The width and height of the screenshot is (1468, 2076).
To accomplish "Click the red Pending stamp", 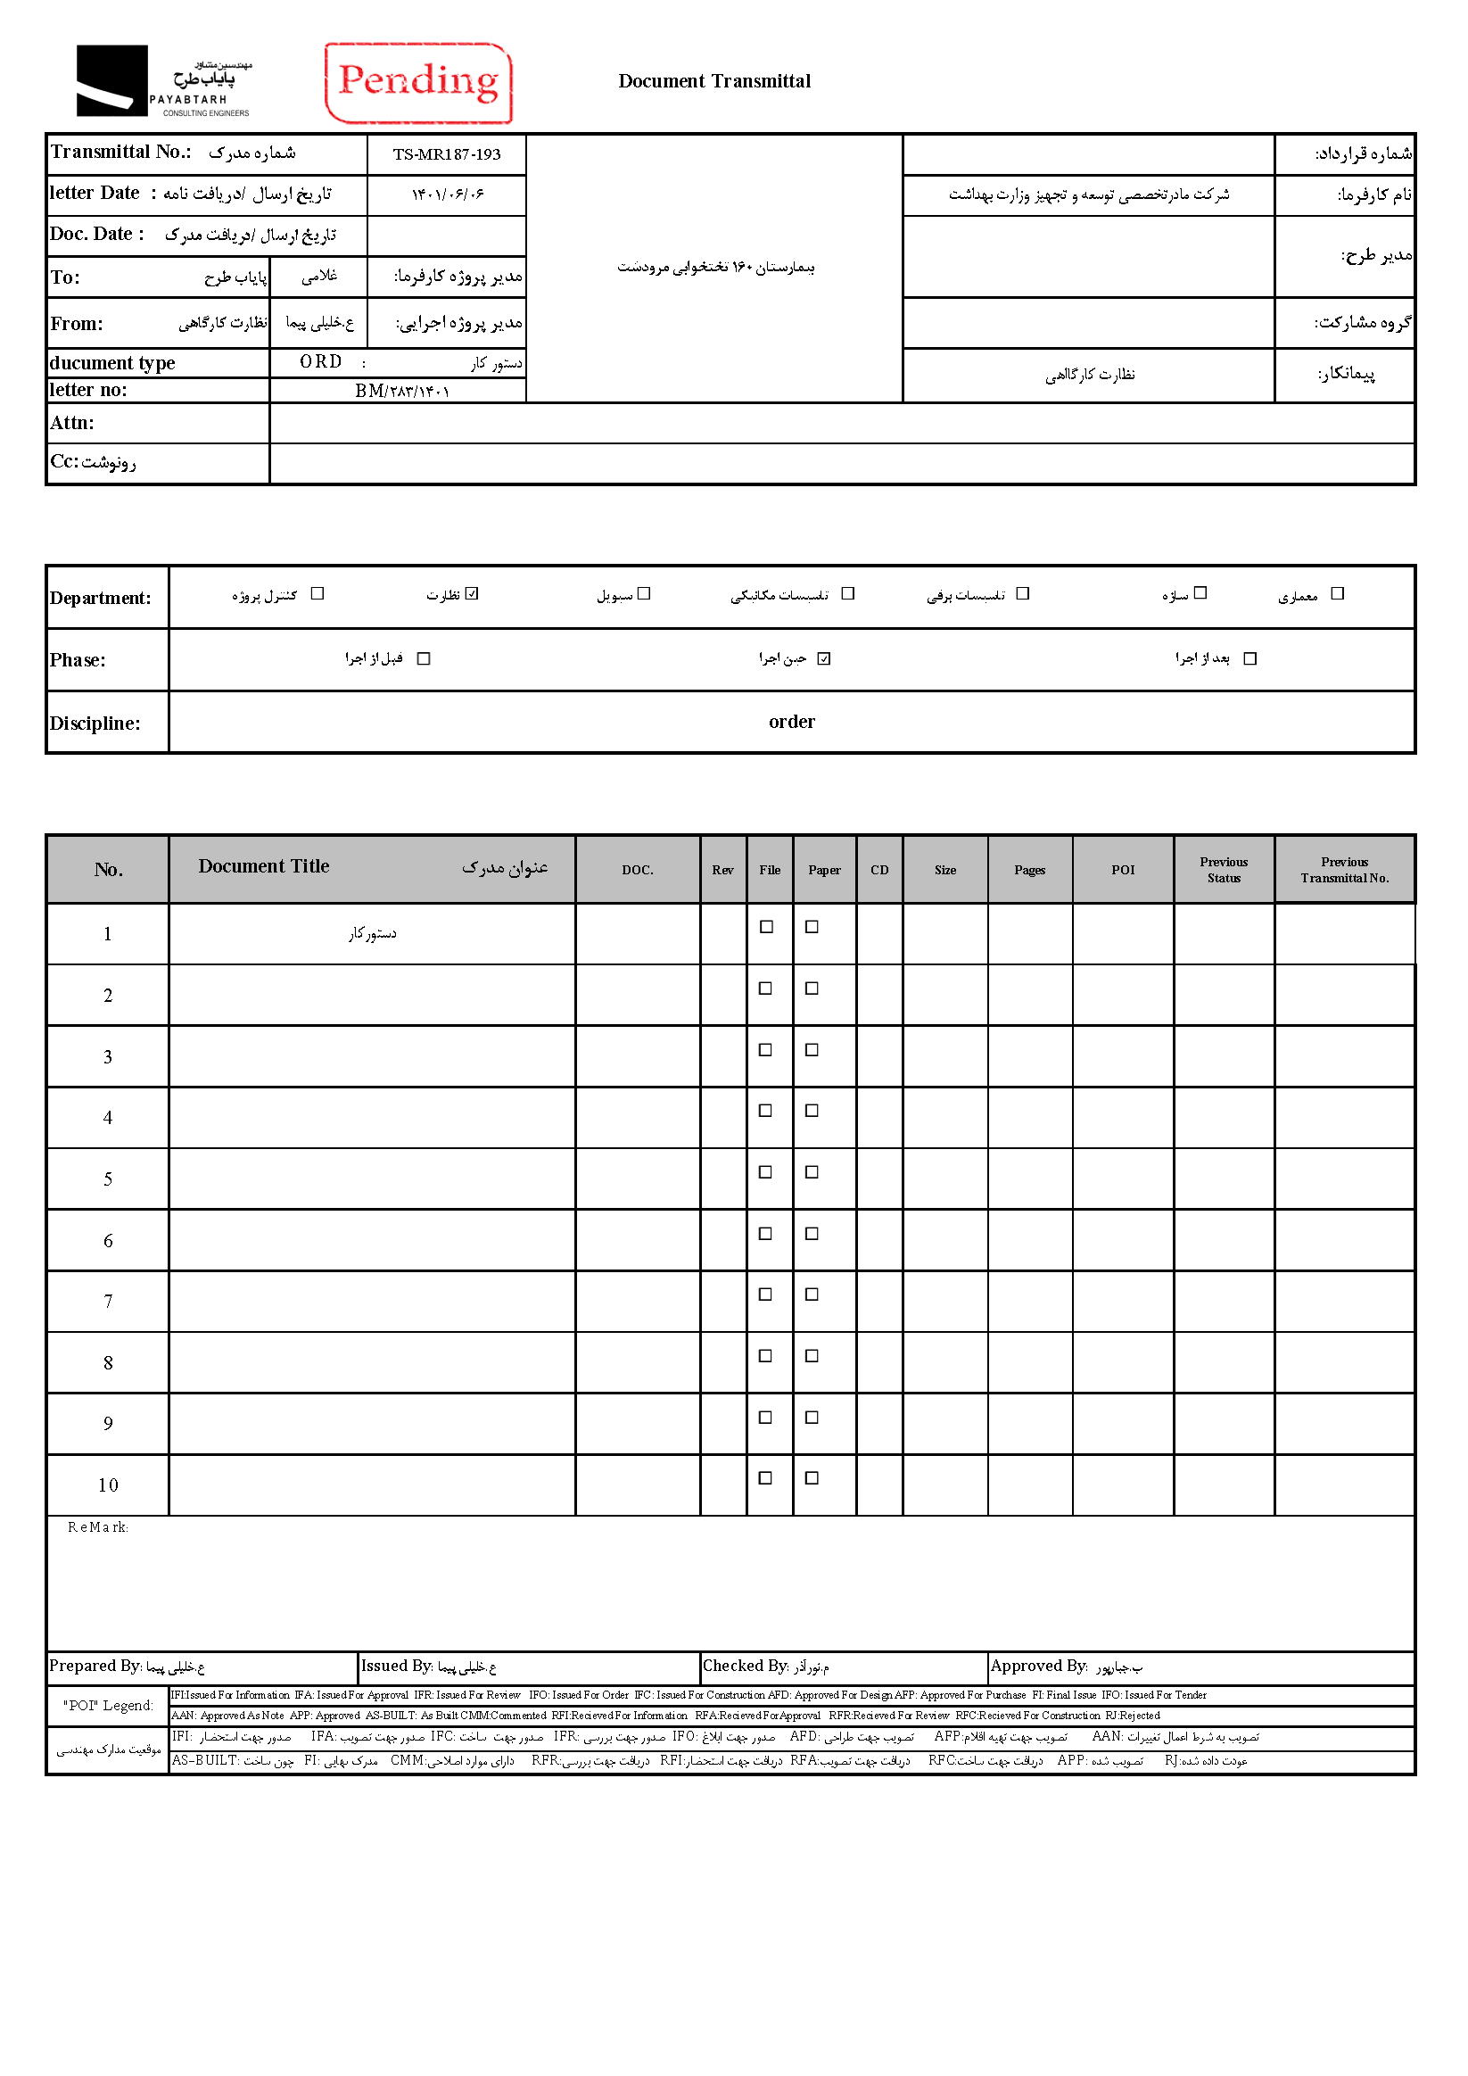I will coord(417,82).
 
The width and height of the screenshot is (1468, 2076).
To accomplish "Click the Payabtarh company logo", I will coord(163,81).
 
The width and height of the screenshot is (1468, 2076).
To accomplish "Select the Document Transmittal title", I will coord(714,81).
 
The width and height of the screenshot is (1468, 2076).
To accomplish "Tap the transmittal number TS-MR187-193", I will coord(447,154).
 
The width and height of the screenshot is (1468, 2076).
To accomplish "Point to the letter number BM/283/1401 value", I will coord(401,391).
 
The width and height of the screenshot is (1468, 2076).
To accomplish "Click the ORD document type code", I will coord(321,361).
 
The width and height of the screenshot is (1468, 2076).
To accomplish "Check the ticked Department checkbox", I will coord(472,594).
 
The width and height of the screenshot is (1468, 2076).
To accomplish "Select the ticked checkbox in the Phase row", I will coord(823,658).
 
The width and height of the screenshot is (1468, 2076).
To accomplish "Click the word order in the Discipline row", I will coord(792,722).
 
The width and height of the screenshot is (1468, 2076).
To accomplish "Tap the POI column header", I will coord(1123,870).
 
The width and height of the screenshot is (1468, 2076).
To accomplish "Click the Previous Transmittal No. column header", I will coord(1344,870).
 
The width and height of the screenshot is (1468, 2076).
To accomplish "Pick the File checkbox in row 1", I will coord(766,927).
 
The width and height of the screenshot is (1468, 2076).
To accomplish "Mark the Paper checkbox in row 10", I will coord(812,1477).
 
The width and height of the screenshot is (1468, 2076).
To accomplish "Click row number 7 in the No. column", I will coord(108,1301).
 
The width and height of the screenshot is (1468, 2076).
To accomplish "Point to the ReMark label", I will coord(97,1527).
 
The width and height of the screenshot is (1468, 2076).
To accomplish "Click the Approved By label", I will coord(1039,1666).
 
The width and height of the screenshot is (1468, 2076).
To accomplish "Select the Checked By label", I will coord(746,1666).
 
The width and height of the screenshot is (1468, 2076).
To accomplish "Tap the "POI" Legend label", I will coord(108,1705).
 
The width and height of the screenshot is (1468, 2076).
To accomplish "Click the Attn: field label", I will coord(72,423).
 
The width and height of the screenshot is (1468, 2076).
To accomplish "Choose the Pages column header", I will coord(1029,870).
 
